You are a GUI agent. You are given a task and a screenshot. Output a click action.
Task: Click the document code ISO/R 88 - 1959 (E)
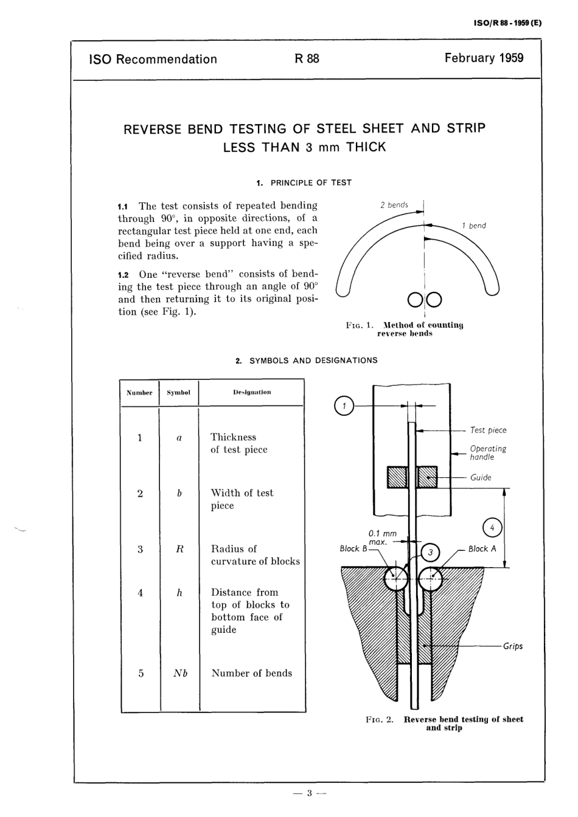506,24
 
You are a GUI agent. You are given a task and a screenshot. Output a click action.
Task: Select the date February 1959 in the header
484,58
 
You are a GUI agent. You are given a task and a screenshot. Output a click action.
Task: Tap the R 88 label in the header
307,59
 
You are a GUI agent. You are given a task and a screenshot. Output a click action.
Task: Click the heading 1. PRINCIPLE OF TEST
304,182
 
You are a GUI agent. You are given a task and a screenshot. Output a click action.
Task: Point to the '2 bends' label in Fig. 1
394,205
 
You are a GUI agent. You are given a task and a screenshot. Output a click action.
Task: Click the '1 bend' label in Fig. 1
473,226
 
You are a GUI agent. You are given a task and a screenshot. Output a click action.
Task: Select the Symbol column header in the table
178,393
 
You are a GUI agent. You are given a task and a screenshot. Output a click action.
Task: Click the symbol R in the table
179,549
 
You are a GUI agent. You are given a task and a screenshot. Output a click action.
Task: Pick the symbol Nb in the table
179,674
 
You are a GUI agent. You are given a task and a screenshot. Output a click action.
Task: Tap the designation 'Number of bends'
251,674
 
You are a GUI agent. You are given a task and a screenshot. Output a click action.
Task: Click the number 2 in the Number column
140,494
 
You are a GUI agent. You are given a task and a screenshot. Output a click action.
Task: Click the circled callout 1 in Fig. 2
344,405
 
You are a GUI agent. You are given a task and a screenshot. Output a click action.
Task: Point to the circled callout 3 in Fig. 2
430,552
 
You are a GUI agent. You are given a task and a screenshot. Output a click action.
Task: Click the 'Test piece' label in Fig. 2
488,430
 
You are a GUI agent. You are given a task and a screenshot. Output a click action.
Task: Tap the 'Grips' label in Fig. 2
512,646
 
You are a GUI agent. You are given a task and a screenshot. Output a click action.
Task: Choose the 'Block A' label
482,549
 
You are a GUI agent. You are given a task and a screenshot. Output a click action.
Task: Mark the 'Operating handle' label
487,453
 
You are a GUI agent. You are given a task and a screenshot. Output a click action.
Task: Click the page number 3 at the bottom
309,793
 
